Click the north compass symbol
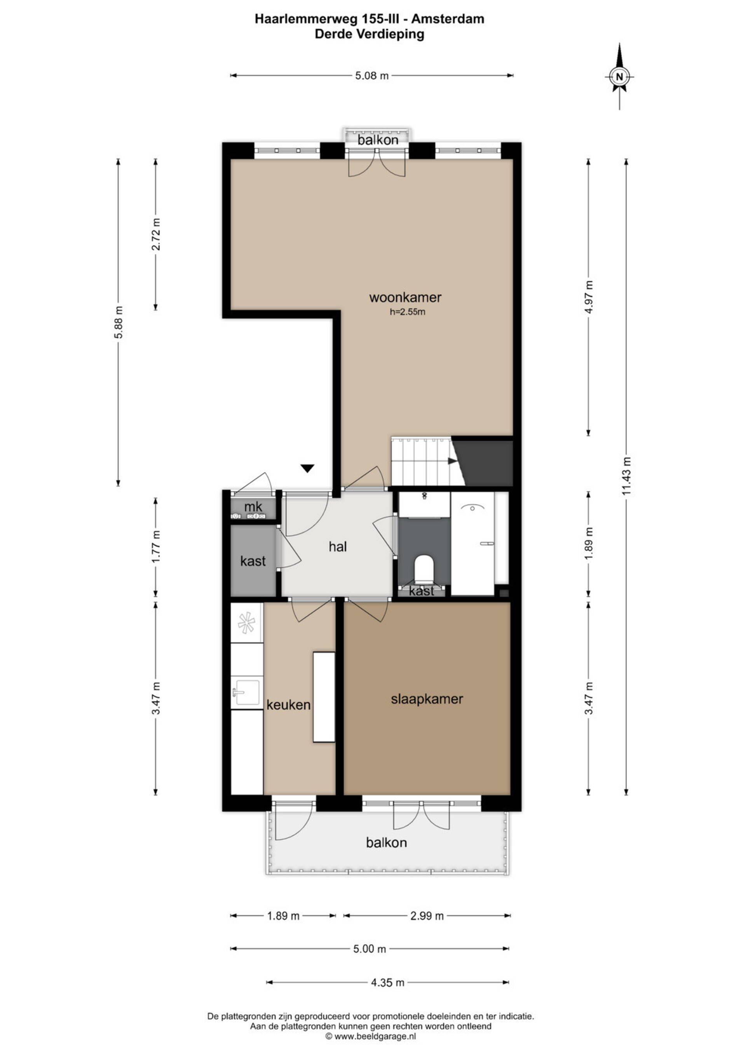619,76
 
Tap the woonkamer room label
405,297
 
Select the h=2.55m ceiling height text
408,312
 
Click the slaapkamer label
427,699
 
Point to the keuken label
288,705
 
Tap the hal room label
338,546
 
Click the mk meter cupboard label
253,507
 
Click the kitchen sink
246,692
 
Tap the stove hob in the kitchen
246,623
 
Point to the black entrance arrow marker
307,468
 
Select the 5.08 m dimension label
371,76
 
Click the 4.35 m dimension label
388,982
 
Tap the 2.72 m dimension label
156,234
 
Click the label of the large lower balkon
386,842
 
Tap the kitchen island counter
324,697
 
